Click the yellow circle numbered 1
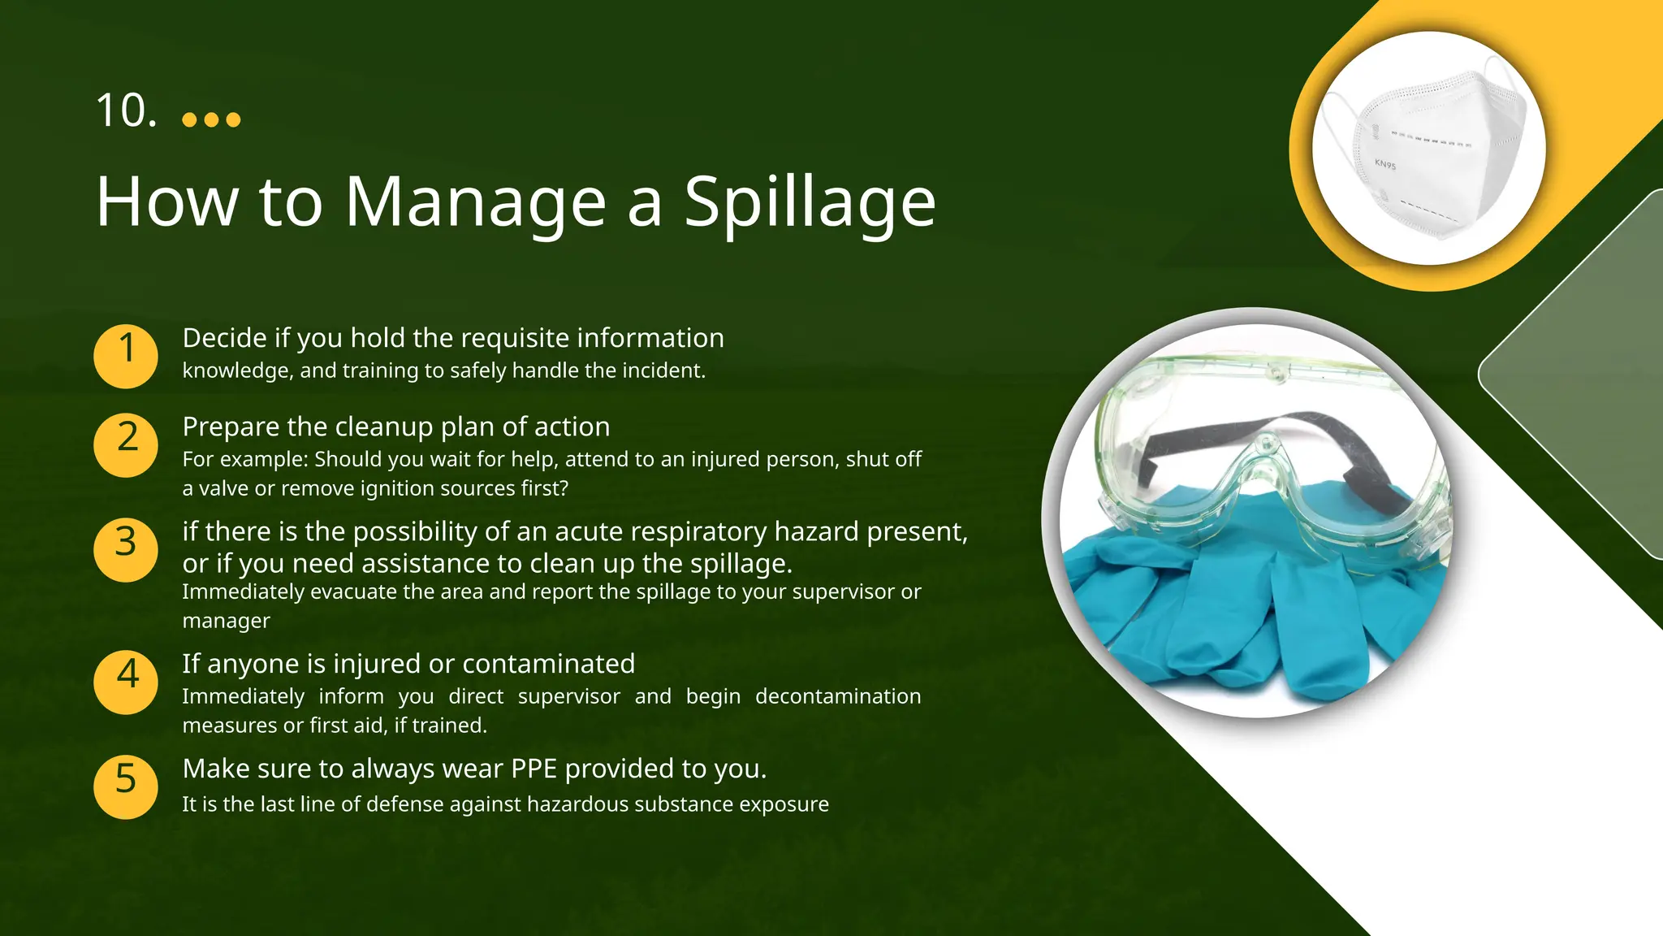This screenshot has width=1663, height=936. pyautogui.click(x=126, y=356)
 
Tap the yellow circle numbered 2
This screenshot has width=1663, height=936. pyautogui.click(x=126, y=444)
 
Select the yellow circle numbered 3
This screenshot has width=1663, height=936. pyautogui.click(x=126, y=549)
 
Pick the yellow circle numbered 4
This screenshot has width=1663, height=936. pyautogui.click(x=126, y=682)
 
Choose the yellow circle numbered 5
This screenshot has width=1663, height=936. pyautogui.click(x=126, y=786)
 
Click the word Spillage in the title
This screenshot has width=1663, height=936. pyautogui.click(x=810, y=203)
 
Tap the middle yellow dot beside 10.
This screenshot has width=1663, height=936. pyautogui.click(x=211, y=120)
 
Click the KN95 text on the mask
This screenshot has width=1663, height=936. pyautogui.click(x=1384, y=164)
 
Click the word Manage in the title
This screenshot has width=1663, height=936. pyautogui.click(x=475, y=203)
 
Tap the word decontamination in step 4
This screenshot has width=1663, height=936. pyautogui.click(x=837, y=696)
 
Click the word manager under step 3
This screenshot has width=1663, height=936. pyautogui.click(x=226, y=622)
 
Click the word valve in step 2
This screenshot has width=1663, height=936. pyautogui.click(x=221, y=488)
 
